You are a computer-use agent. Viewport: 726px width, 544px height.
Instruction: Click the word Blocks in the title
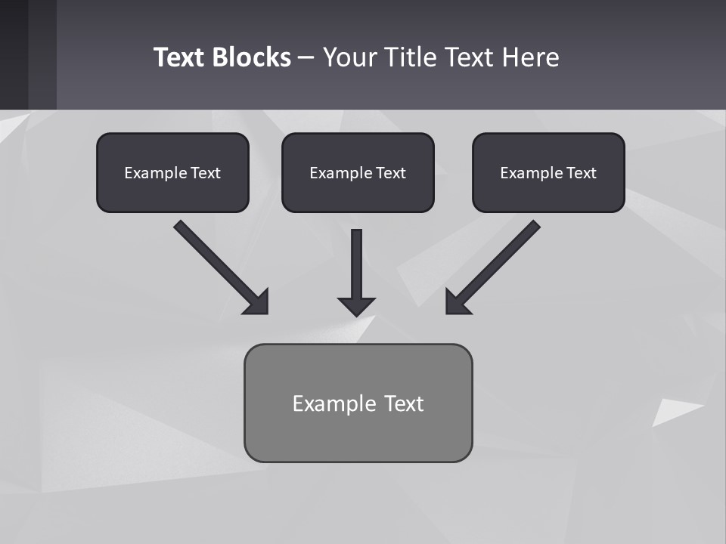[x=253, y=57]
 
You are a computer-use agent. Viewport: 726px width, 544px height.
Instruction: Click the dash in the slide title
[x=306, y=57]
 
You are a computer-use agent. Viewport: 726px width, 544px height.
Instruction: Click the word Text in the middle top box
[x=391, y=173]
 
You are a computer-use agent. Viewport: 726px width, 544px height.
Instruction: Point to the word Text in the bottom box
[x=404, y=403]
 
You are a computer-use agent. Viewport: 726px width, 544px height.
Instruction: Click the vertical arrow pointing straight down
[x=356, y=264]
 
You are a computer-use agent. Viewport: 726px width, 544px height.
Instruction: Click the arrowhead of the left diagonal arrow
[x=257, y=302]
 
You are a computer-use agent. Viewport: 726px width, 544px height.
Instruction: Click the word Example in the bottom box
[x=334, y=403]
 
